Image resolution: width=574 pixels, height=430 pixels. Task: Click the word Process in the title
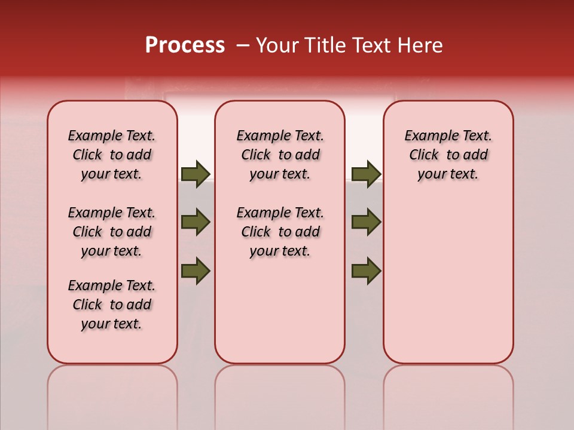[185, 45]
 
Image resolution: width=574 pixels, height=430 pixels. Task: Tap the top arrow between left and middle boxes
[196, 174]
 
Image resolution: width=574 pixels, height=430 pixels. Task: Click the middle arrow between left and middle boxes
[196, 222]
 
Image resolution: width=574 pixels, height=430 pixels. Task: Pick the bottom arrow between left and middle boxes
[196, 271]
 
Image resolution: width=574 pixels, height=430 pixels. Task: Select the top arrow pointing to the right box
[366, 174]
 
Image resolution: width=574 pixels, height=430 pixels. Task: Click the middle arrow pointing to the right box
[366, 222]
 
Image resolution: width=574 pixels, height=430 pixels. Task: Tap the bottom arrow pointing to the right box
[366, 271]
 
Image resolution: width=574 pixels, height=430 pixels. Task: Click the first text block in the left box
[112, 155]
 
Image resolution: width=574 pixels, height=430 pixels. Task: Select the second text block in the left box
[112, 232]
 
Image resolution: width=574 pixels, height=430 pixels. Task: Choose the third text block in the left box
[112, 305]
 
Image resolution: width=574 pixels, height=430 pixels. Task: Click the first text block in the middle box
[280, 155]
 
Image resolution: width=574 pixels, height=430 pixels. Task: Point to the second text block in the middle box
[280, 232]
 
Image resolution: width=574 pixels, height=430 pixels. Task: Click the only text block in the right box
[448, 155]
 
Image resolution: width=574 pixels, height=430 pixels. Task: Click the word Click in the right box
[425, 155]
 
